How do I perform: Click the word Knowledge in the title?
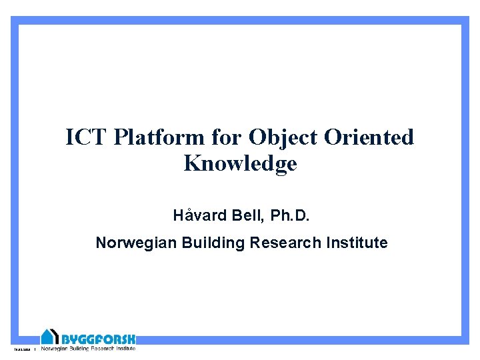point(240,164)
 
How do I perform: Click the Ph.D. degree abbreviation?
point(289,216)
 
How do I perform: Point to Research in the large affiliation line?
point(285,243)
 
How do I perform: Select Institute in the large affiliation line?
point(357,243)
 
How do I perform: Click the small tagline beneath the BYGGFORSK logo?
point(88,348)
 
